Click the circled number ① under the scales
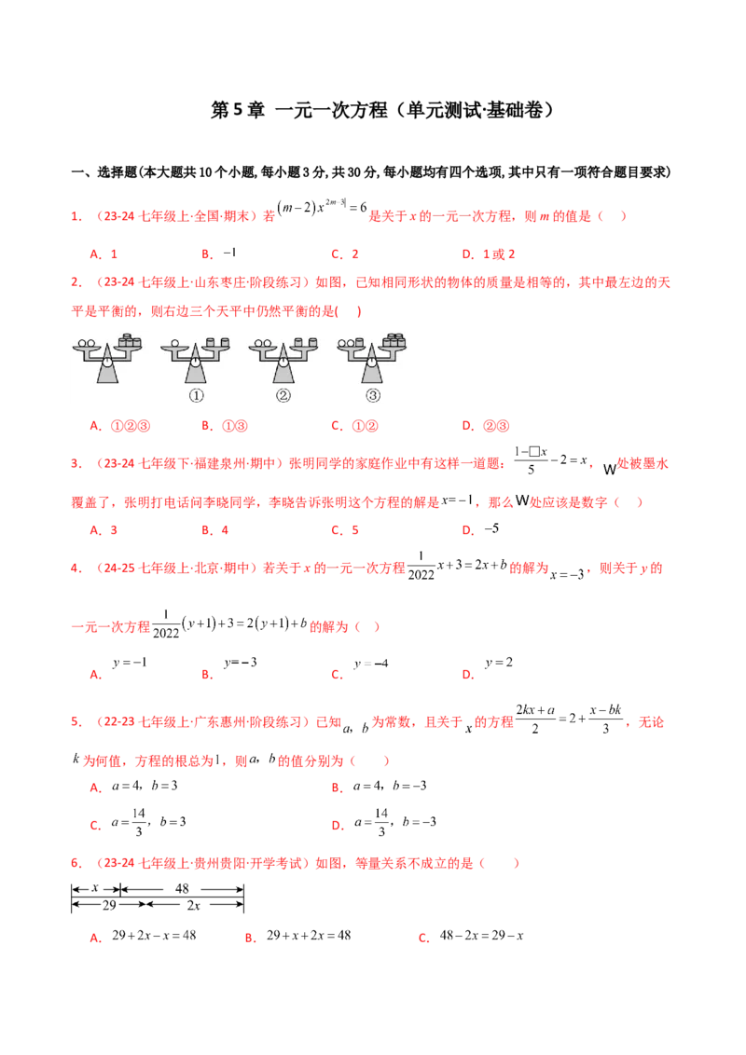click(197, 395)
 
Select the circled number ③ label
click(373, 395)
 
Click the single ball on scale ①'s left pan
click(174, 343)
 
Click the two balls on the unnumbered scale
click(86, 343)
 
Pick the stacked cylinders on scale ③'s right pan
click(395, 340)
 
